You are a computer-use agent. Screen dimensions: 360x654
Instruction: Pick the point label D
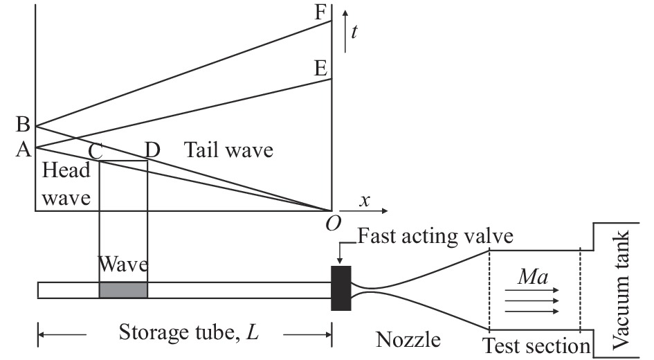click(153, 149)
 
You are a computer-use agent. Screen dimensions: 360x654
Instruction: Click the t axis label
click(354, 31)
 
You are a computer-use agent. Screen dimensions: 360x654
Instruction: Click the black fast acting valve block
click(342, 288)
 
